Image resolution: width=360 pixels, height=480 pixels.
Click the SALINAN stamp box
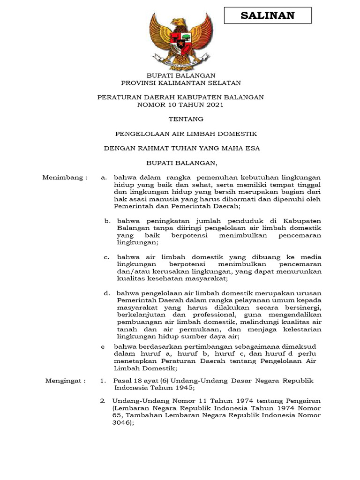[x=268, y=15]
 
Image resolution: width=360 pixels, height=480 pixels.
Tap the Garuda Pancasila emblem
[x=180, y=42]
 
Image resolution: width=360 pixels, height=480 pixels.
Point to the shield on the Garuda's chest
[x=180, y=41]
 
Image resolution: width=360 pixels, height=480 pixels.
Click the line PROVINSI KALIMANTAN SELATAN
[x=180, y=83]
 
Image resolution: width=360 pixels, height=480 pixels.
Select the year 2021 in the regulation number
[x=214, y=105]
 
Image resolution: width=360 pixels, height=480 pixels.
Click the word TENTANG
[x=180, y=119]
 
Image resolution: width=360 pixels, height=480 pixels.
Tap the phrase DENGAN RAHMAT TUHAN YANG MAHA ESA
[x=181, y=149]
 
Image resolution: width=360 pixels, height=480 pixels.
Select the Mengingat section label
[x=65, y=381]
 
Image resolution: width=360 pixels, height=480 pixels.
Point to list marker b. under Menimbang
[x=107, y=220]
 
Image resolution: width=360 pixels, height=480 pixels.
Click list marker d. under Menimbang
[x=107, y=293]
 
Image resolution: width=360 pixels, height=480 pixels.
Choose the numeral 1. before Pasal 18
[x=103, y=381]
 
